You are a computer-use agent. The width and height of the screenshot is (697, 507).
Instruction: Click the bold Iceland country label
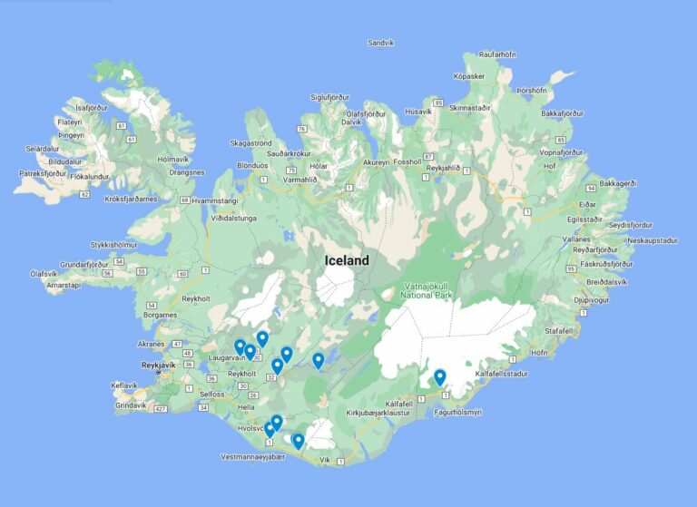[x=348, y=261]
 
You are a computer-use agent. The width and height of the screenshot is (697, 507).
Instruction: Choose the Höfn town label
[x=539, y=353]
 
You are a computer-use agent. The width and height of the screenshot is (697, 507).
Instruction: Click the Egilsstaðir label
[x=584, y=219]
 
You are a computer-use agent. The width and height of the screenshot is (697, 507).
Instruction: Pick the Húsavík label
[x=419, y=112]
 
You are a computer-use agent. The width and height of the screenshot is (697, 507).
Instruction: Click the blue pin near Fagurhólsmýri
[x=440, y=377]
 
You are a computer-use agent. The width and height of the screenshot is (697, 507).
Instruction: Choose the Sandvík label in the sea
[x=381, y=43]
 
